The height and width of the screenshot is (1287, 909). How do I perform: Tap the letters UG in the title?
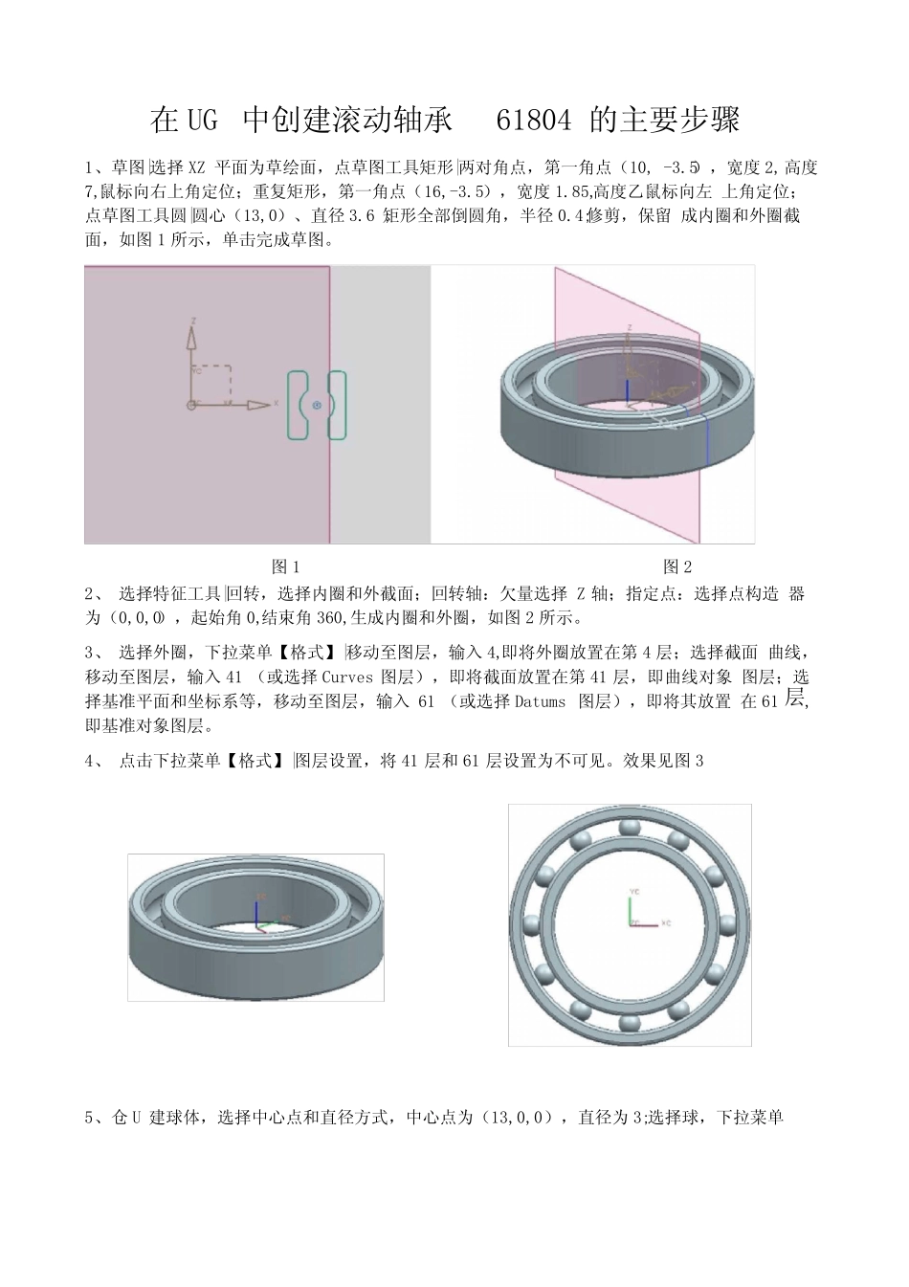(197, 121)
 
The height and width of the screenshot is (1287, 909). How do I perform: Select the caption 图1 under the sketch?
(286, 566)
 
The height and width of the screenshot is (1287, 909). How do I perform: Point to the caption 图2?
(677, 566)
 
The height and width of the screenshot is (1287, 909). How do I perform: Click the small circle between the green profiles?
(318, 405)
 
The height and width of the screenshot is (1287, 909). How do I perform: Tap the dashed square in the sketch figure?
(211, 383)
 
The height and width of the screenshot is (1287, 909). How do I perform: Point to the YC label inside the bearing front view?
(633, 891)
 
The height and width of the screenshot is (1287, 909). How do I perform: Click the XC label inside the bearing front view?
(666, 923)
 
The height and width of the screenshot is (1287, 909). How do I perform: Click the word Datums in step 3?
(541, 702)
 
